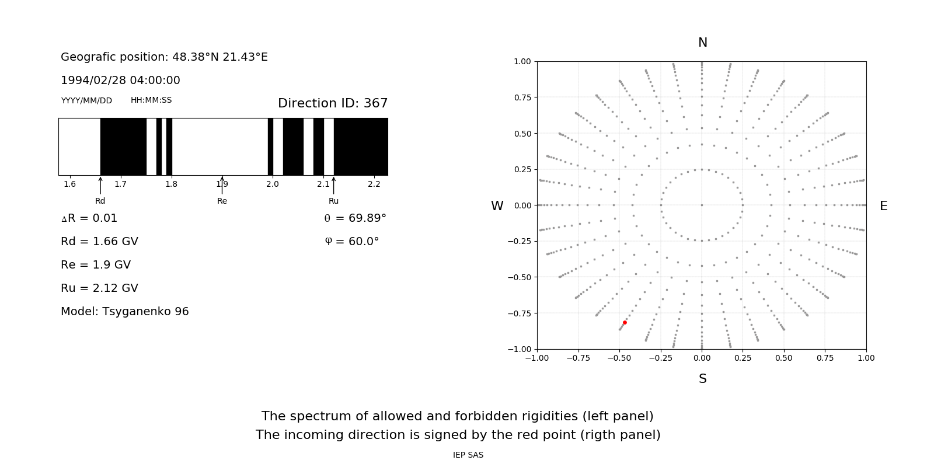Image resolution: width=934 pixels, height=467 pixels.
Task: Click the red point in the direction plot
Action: tap(625, 322)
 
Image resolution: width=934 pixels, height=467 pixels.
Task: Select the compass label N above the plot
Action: tap(702, 43)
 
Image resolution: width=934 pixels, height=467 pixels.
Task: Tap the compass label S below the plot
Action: tap(702, 379)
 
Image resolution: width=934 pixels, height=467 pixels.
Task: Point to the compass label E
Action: tap(883, 206)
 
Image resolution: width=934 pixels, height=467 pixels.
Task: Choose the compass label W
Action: tap(497, 206)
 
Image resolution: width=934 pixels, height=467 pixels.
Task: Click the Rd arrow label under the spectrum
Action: tap(100, 201)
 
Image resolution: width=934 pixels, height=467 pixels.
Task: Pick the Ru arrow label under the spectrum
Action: tap(333, 201)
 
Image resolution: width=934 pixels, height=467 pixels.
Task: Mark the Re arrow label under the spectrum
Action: tap(222, 201)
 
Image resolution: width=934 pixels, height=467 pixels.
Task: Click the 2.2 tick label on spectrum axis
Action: tap(374, 184)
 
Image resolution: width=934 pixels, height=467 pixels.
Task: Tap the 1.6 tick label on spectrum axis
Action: tap(69, 184)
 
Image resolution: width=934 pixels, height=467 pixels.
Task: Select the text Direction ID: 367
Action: tap(333, 103)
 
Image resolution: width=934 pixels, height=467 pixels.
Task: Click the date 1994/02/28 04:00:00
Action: tap(120, 80)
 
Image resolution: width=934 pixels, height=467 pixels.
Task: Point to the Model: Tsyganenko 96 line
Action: tap(125, 311)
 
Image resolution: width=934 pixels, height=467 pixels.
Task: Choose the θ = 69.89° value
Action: tap(355, 218)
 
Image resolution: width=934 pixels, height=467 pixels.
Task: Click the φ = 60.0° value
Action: tap(351, 241)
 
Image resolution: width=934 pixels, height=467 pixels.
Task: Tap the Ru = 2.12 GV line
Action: tap(99, 288)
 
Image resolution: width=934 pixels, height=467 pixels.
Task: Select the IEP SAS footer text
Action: tap(468, 455)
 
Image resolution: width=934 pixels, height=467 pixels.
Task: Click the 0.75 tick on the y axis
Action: tap(522, 97)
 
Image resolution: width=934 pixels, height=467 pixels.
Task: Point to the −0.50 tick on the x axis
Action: tap(619, 358)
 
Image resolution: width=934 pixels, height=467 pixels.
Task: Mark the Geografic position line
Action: tap(164, 57)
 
